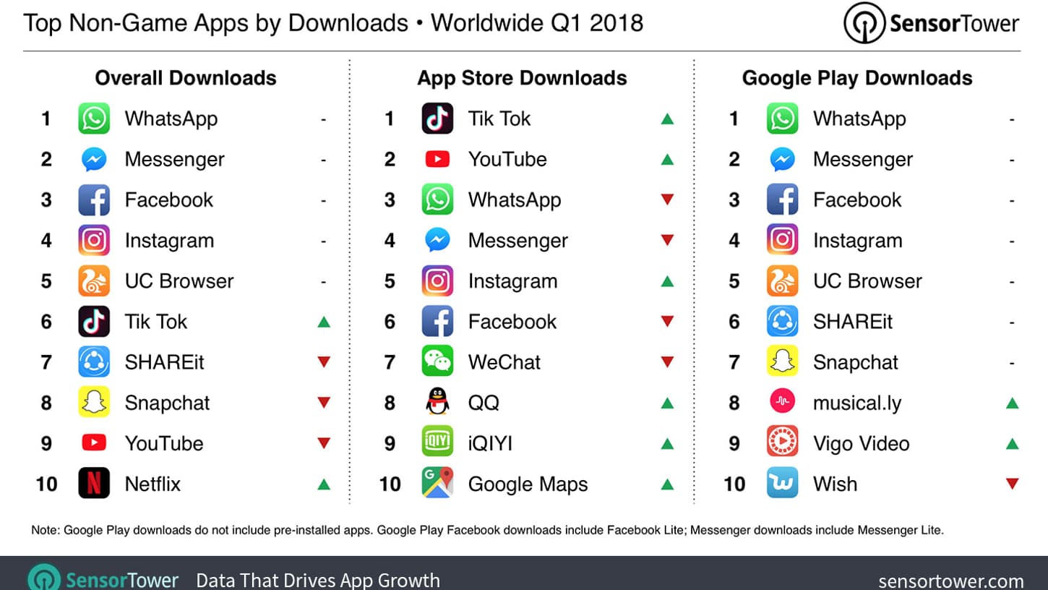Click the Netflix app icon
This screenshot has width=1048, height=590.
(94, 484)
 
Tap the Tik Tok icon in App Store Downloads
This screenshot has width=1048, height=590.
(437, 119)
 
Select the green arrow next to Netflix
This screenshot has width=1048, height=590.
(324, 484)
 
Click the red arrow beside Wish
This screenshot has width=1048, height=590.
(1012, 484)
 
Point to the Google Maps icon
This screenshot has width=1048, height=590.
(437, 484)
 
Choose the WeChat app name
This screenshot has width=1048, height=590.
(504, 362)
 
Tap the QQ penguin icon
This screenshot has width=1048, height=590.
(437, 403)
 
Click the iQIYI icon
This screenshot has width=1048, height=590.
(437, 443)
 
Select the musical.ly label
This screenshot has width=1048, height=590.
(856, 403)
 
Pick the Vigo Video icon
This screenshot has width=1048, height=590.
(782, 443)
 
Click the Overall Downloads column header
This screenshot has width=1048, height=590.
(186, 78)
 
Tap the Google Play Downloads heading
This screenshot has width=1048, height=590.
(856, 78)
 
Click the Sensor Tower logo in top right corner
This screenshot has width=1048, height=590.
(931, 23)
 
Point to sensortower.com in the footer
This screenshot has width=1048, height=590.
(950, 581)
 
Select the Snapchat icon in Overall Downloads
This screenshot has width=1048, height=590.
(94, 403)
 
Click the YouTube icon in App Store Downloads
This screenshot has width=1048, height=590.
(437, 159)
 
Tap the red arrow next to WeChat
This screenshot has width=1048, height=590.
(667, 362)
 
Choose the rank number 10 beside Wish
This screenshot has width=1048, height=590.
(734, 484)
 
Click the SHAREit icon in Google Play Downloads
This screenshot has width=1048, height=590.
(782, 322)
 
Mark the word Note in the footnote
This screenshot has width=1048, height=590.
(45, 530)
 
